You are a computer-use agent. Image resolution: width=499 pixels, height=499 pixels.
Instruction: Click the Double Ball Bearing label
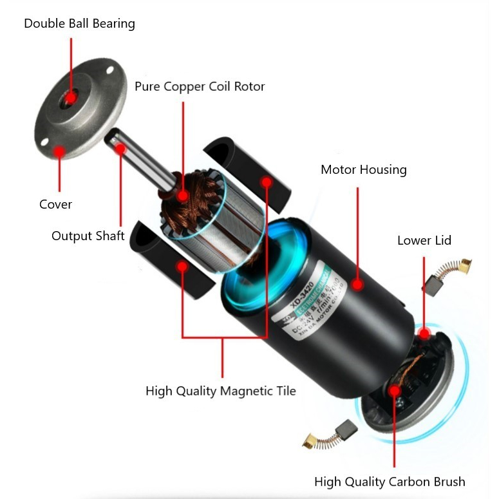pyautogui.click(x=79, y=24)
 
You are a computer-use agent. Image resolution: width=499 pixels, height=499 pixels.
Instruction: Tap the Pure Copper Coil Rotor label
pyautogui.click(x=200, y=86)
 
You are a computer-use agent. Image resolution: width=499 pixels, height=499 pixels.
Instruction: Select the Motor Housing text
pyautogui.click(x=364, y=170)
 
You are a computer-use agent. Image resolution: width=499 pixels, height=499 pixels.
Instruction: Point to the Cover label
pyautogui.click(x=55, y=204)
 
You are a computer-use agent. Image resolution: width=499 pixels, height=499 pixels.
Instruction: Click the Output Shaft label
pyautogui.click(x=88, y=236)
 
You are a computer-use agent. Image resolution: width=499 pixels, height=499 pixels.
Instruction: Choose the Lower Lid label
pyautogui.click(x=424, y=241)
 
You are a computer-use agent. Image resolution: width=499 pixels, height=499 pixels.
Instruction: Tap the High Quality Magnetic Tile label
pyautogui.click(x=220, y=391)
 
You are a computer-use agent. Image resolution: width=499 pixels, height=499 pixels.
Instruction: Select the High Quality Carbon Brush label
pyautogui.click(x=390, y=482)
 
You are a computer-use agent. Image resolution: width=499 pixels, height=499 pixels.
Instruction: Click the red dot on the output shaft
pyautogui.click(x=120, y=149)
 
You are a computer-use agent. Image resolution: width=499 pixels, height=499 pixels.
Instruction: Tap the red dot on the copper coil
pyautogui.click(x=184, y=194)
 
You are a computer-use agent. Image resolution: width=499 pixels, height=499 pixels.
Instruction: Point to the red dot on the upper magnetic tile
pyautogui.click(x=267, y=183)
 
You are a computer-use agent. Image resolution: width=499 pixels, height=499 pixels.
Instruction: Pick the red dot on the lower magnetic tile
pyautogui.click(x=184, y=266)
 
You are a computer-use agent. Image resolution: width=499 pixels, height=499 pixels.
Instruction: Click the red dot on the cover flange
pyautogui.click(x=59, y=152)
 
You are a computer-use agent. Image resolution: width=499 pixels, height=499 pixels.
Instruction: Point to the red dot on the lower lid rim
pyautogui.click(x=424, y=334)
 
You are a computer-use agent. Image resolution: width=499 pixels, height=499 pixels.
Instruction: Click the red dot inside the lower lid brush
pyautogui.click(x=394, y=390)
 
